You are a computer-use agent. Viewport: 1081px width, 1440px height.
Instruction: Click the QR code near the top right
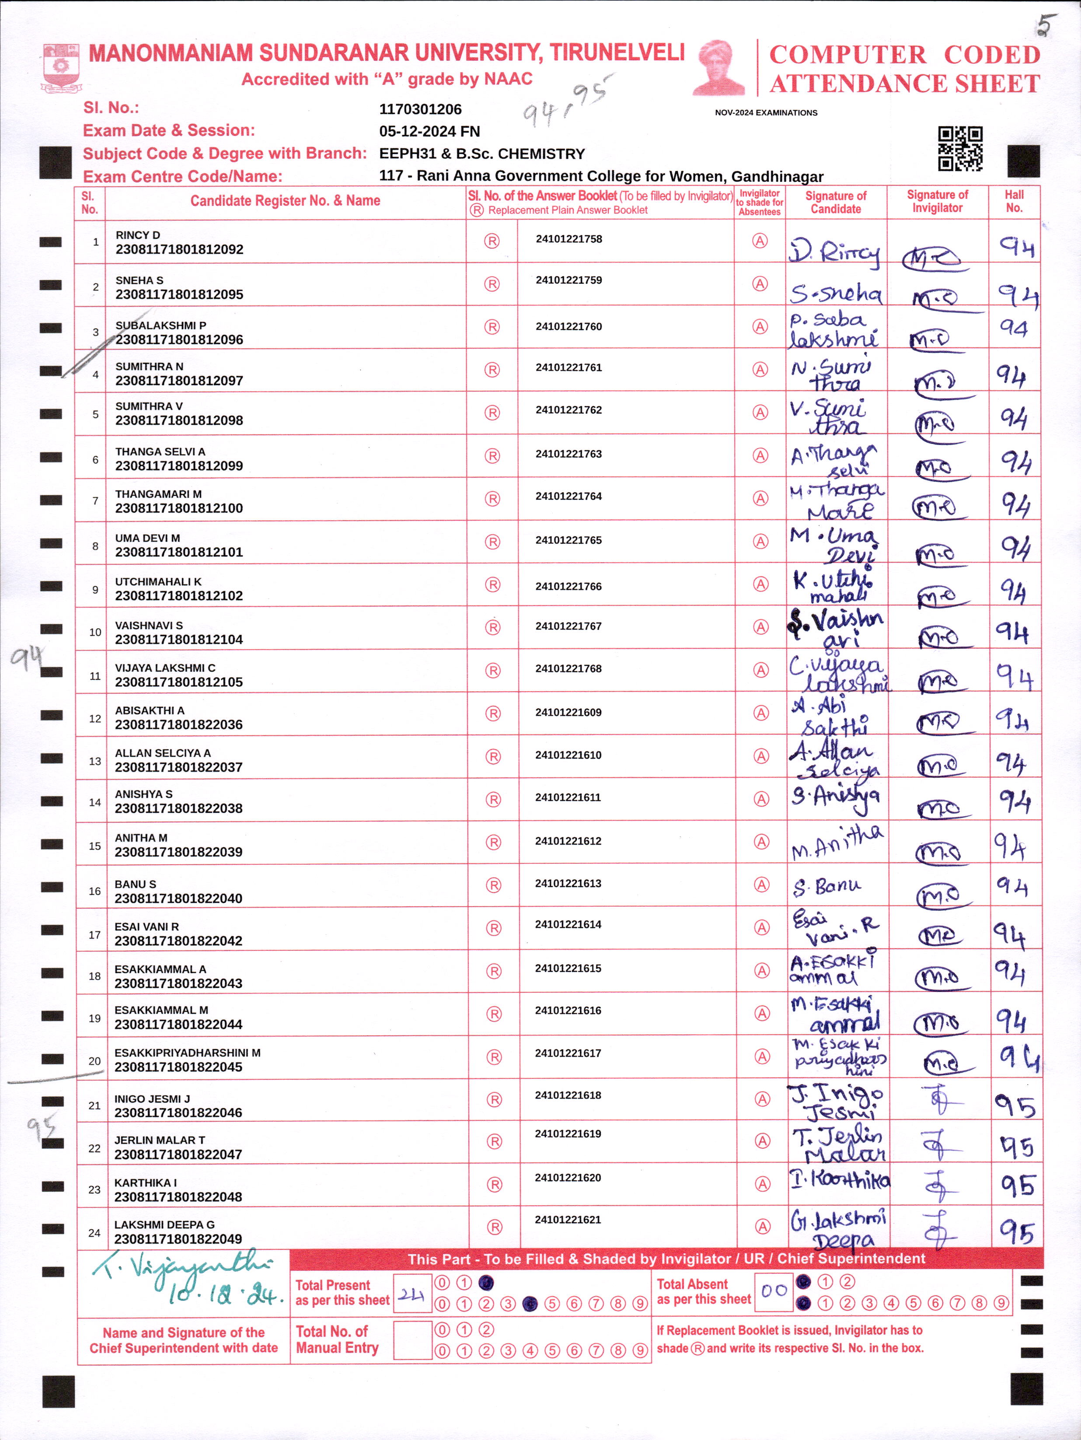click(960, 149)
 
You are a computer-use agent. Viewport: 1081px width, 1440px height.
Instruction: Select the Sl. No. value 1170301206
click(420, 109)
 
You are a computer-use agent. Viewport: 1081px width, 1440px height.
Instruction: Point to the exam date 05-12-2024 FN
click(429, 132)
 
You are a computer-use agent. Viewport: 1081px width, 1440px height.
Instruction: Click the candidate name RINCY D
click(137, 235)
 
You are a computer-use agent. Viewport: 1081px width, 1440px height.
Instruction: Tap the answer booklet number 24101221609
click(568, 712)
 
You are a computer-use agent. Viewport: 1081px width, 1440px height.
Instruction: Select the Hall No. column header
click(1014, 202)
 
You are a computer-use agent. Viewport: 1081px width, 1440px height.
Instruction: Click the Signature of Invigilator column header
click(937, 202)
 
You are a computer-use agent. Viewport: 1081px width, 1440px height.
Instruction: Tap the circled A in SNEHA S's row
click(760, 284)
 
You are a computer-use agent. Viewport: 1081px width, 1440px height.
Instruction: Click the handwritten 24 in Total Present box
click(411, 1294)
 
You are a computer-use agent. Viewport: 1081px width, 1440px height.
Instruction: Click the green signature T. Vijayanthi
click(182, 1267)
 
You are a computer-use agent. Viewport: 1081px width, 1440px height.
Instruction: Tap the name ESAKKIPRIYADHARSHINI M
click(188, 1053)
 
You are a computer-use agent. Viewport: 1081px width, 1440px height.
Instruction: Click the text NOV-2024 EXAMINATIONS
click(766, 113)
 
